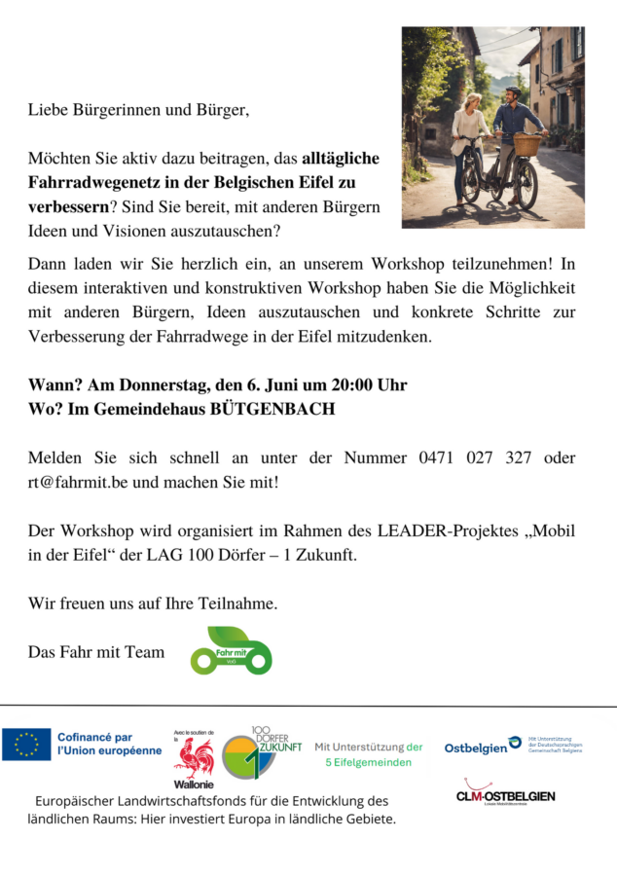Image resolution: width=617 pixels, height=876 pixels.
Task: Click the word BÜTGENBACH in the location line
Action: [x=272, y=410]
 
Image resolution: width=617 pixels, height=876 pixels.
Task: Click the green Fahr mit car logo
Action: [x=231, y=651]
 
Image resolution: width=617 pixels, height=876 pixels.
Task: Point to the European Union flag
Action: [x=26, y=744]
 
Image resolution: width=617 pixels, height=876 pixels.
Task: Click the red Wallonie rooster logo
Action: [x=194, y=760]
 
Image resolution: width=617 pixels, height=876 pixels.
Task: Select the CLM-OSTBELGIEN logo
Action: [x=505, y=794]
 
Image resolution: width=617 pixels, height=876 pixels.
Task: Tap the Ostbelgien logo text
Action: [x=476, y=748]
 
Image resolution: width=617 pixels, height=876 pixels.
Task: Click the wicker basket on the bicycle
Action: [x=526, y=145]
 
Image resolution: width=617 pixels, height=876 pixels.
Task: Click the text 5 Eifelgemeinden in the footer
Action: [x=368, y=762]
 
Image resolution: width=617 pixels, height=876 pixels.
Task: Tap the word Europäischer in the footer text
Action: [x=80, y=801]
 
